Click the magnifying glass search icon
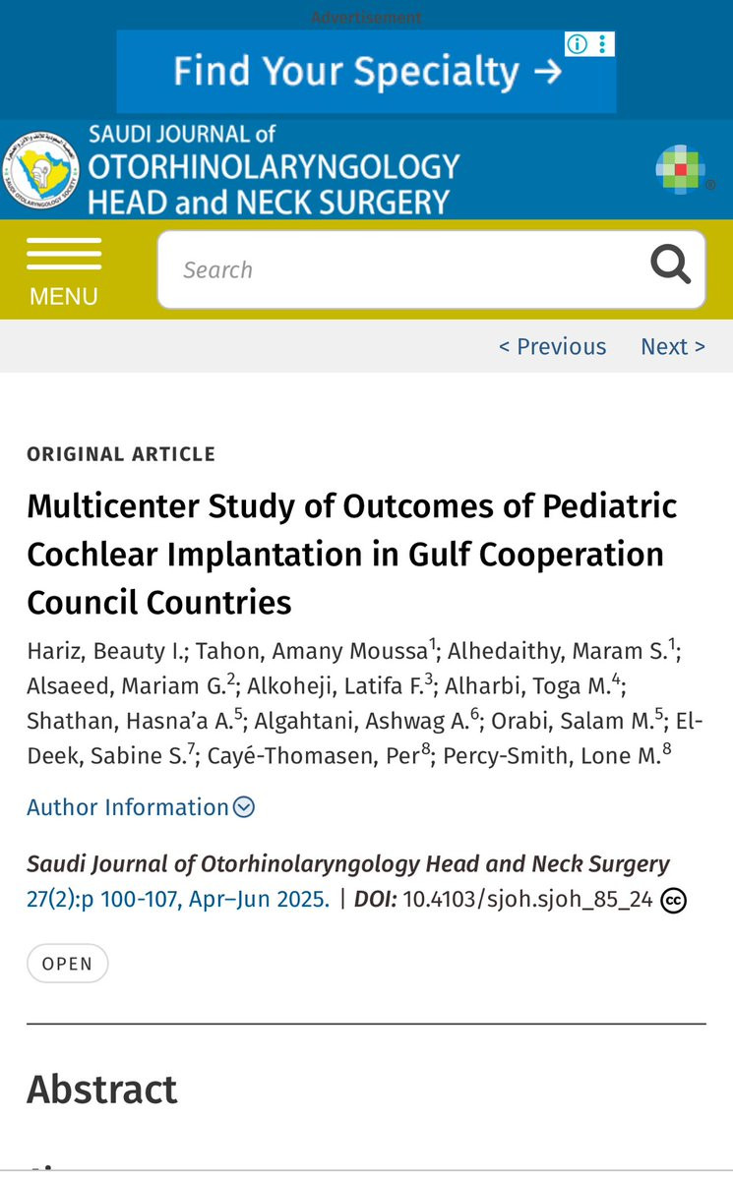(x=670, y=264)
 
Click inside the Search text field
(x=406, y=269)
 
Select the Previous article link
(x=552, y=347)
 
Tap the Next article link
(x=673, y=347)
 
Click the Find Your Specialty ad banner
(x=366, y=72)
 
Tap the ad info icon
(x=577, y=44)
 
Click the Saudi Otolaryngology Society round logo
(x=40, y=170)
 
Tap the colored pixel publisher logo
(x=680, y=170)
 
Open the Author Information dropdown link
(x=141, y=806)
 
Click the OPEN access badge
(x=68, y=964)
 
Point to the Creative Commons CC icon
(x=674, y=900)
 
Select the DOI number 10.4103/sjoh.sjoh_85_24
(x=527, y=900)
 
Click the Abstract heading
(x=102, y=1090)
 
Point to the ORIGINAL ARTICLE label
(x=121, y=454)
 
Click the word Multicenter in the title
(x=113, y=506)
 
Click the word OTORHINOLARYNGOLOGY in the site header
(x=274, y=167)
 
